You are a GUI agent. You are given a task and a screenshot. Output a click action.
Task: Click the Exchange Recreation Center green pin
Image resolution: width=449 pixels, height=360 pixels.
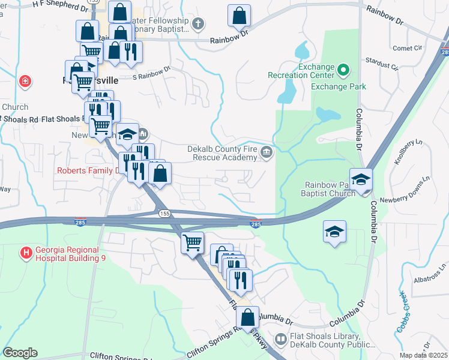tap(343, 71)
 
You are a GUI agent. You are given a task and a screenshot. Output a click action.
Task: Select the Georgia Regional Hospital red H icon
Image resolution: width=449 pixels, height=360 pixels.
tap(26, 253)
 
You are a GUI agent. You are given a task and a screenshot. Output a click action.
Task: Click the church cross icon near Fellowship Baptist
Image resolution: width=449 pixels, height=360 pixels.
tap(197, 24)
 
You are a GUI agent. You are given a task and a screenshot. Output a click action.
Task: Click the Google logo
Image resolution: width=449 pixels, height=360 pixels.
tap(20, 353)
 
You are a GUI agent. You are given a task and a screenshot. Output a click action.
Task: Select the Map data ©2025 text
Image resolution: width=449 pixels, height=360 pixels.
tap(423, 355)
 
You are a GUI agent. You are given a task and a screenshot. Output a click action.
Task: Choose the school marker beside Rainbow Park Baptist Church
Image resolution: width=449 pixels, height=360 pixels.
tap(361, 180)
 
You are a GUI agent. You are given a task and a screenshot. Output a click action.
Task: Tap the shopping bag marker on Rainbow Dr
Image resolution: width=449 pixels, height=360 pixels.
tap(239, 16)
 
